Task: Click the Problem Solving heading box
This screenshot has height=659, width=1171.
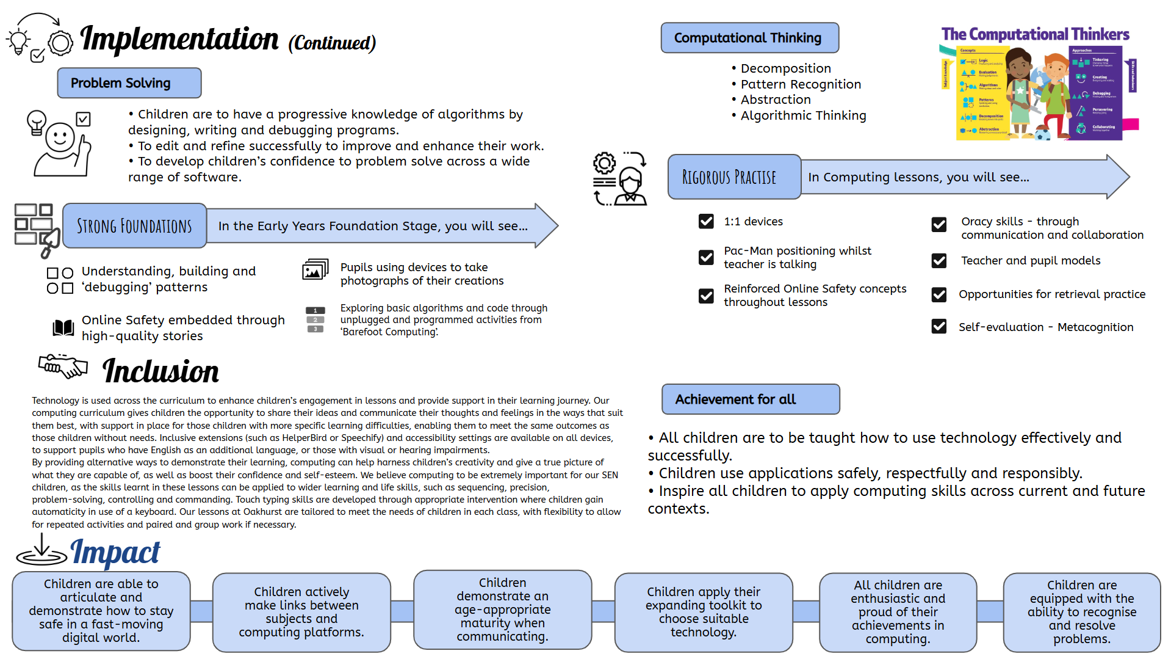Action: click(x=129, y=83)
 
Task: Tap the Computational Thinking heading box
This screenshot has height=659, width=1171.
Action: click(x=749, y=38)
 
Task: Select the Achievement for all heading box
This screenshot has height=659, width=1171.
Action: click(x=751, y=399)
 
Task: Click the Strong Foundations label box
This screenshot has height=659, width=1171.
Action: click(x=134, y=226)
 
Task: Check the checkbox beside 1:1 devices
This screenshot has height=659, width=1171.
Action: click(x=706, y=221)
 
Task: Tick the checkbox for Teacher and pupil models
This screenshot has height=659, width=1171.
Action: click(x=939, y=261)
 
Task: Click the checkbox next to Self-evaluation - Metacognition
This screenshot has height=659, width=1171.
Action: click(x=939, y=327)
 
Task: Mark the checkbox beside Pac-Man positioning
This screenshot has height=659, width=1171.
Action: click(x=706, y=258)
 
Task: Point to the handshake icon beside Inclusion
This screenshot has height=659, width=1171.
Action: click(x=63, y=366)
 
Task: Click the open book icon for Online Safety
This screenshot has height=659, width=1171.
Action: click(x=63, y=328)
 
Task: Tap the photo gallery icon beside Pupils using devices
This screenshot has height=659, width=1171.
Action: click(x=315, y=269)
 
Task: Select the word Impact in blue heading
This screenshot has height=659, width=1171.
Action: click(x=115, y=553)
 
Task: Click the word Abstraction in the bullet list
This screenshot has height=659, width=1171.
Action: click(x=776, y=100)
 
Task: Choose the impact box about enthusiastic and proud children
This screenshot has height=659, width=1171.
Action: click(x=898, y=612)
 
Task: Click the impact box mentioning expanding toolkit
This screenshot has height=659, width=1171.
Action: click(x=704, y=612)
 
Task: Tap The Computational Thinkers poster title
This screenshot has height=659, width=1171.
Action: click(x=1035, y=34)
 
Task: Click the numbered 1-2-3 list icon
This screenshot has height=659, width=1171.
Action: click(x=315, y=319)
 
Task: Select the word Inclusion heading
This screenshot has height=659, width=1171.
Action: click(x=160, y=371)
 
